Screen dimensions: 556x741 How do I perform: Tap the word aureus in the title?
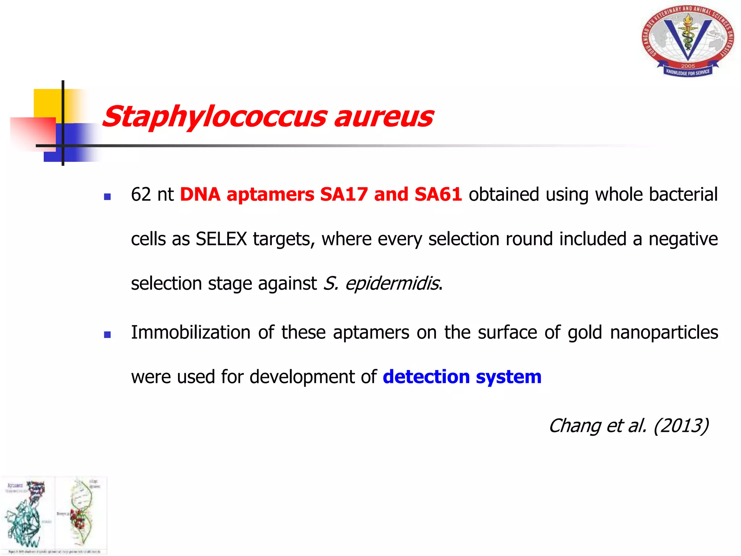[x=384, y=117]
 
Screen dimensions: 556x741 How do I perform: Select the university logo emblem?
[x=688, y=41]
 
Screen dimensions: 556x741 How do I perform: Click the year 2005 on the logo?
[x=688, y=66]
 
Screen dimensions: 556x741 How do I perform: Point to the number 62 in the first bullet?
[x=141, y=194]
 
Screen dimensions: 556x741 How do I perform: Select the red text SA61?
[x=438, y=194]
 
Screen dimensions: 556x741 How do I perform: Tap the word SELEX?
[x=221, y=239]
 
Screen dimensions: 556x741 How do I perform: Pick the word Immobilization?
[x=191, y=332]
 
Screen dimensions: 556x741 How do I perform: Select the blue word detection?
[x=426, y=377]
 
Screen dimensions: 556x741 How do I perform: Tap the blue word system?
[x=508, y=377]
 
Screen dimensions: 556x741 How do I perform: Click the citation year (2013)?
[x=681, y=426]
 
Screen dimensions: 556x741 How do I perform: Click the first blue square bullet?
[x=107, y=197]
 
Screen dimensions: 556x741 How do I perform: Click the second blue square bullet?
[x=107, y=335]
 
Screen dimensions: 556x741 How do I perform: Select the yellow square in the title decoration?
[x=47, y=103]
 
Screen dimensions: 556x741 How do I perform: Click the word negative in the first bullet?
[x=683, y=239]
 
